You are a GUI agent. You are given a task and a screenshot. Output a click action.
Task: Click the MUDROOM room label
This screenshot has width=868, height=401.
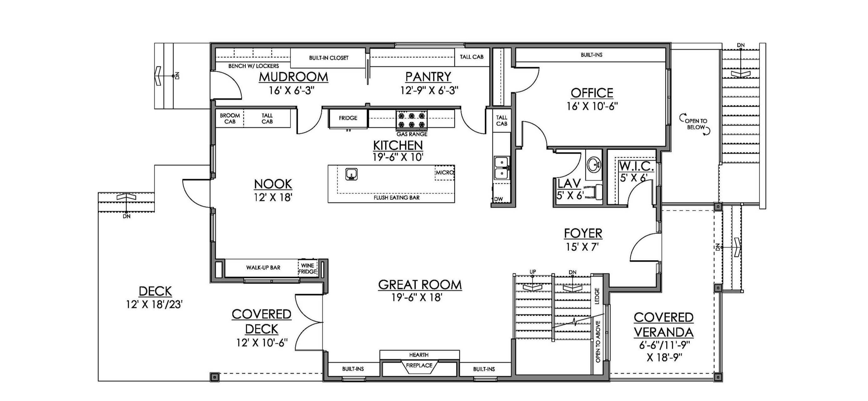pyautogui.click(x=294, y=77)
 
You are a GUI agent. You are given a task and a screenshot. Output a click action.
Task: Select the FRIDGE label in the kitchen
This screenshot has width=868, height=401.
pyautogui.click(x=348, y=118)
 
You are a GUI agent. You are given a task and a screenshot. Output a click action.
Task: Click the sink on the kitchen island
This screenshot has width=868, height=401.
pyautogui.click(x=351, y=174)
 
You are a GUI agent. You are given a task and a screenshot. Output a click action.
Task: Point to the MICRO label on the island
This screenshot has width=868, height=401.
pyautogui.click(x=445, y=172)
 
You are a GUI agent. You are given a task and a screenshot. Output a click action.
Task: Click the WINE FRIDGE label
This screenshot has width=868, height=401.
pyautogui.click(x=307, y=269)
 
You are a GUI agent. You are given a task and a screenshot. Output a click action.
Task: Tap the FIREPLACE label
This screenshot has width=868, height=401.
pyautogui.click(x=419, y=365)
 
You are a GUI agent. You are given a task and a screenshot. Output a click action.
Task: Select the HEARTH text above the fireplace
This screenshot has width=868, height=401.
pyautogui.click(x=419, y=355)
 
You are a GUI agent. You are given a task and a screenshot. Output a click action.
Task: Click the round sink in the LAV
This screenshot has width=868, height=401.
pyautogui.click(x=594, y=165)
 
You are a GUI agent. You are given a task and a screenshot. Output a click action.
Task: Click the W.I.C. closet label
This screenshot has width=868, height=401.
pyautogui.click(x=637, y=166)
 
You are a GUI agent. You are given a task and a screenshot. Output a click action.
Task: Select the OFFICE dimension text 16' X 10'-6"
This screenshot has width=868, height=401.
pyautogui.click(x=592, y=106)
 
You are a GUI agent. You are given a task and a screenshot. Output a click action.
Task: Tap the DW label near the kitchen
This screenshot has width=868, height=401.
pyautogui.click(x=498, y=199)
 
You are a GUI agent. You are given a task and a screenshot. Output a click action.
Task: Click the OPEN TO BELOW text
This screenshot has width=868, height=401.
pyautogui.click(x=696, y=124)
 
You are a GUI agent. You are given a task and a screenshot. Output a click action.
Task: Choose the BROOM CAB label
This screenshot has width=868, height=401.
pyautogui.click(x=230, y=118)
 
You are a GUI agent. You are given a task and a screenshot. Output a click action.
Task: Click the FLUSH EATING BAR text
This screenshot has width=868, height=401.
pyautogui.click(x=396, y=198)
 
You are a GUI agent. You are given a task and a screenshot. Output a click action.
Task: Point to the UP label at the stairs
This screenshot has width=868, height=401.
pyautogui.click(x=533, y=272)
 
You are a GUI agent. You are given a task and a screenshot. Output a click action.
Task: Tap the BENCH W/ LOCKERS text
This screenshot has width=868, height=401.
pyautogui.click(x=253, y=66)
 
